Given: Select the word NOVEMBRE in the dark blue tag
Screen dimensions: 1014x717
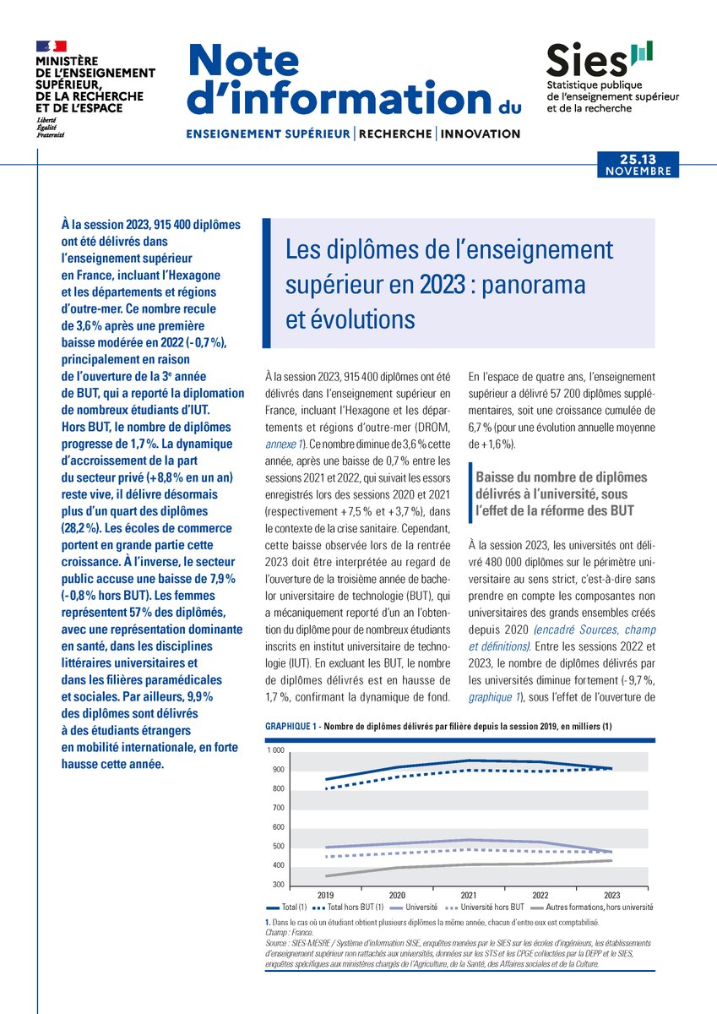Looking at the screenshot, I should pos(639,171).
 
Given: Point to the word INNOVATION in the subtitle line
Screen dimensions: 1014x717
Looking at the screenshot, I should pos(481,134).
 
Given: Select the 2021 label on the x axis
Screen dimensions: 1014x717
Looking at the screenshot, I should pos(470,893).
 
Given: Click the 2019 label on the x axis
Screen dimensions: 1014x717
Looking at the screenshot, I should pos(325,893).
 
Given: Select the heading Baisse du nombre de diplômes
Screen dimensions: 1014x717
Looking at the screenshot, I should pos(562,478).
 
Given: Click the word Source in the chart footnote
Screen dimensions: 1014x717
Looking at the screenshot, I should pos(277,940).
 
